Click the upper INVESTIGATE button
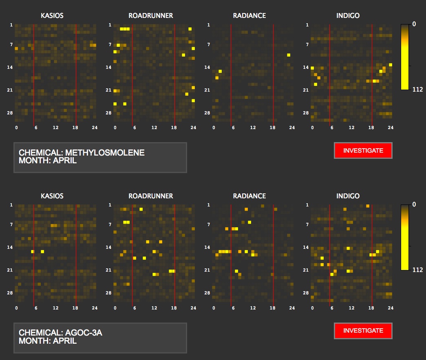point(363,150)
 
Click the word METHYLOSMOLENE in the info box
point(105,153)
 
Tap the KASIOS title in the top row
point(52,16)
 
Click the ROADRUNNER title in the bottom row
point(150,196)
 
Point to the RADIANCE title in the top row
point(249,16)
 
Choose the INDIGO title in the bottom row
point(348,196)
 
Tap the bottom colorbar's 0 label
point(414,204)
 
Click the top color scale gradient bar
point(404,57)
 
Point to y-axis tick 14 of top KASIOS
point(10,67)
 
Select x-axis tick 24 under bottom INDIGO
point(390,308)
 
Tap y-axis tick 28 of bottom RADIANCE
point(207,293)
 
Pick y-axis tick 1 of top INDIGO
point(307,25)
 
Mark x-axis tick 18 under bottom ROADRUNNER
point(174,308)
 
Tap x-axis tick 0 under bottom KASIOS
point(16,308)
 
